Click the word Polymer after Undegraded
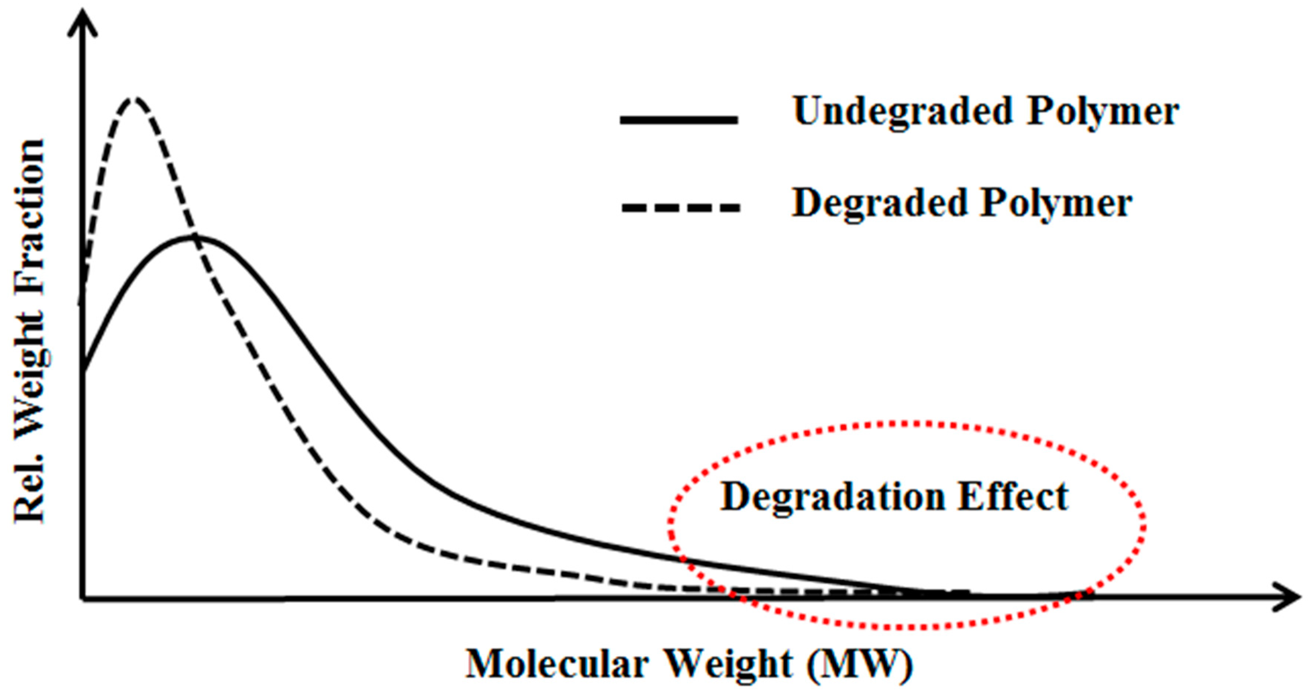[1103, 112]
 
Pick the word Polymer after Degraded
[1057, 204]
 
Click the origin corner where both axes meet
[83, 598]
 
